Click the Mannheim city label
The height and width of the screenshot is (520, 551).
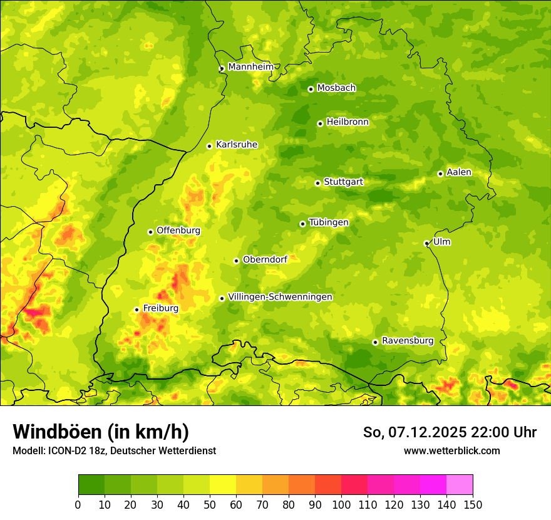[x=250, y=67]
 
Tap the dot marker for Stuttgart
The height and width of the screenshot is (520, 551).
[x=317, y=183]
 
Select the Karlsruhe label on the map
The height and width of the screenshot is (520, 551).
[x=236, y=145]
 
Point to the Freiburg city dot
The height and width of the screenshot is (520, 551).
[x=136, y=309]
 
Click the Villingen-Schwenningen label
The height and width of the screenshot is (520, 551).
[x=280, y=297]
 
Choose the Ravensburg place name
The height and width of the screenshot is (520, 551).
[x=407, y=341]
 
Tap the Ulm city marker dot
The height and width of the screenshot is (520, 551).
[x=426, y=243]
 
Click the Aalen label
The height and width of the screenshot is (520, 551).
[x=458, y=172]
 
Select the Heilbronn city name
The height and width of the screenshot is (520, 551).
[x=348, y=122]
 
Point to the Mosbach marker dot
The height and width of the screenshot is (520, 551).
[x=311, y=89]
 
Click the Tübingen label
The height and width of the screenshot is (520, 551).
[x=328, y=222]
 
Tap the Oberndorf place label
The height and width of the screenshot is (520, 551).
[x=265, y=259]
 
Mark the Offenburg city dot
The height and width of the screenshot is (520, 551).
[x=150, y=232]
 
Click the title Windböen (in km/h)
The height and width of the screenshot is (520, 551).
[x=101, y=432]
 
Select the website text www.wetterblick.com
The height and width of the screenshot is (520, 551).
[x=451, y=450]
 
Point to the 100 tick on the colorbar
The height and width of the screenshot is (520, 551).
[x=341, y=504]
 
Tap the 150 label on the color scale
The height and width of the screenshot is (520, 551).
[x=473, y=504]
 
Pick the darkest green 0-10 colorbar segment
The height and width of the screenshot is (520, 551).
[x=91, y=484]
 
